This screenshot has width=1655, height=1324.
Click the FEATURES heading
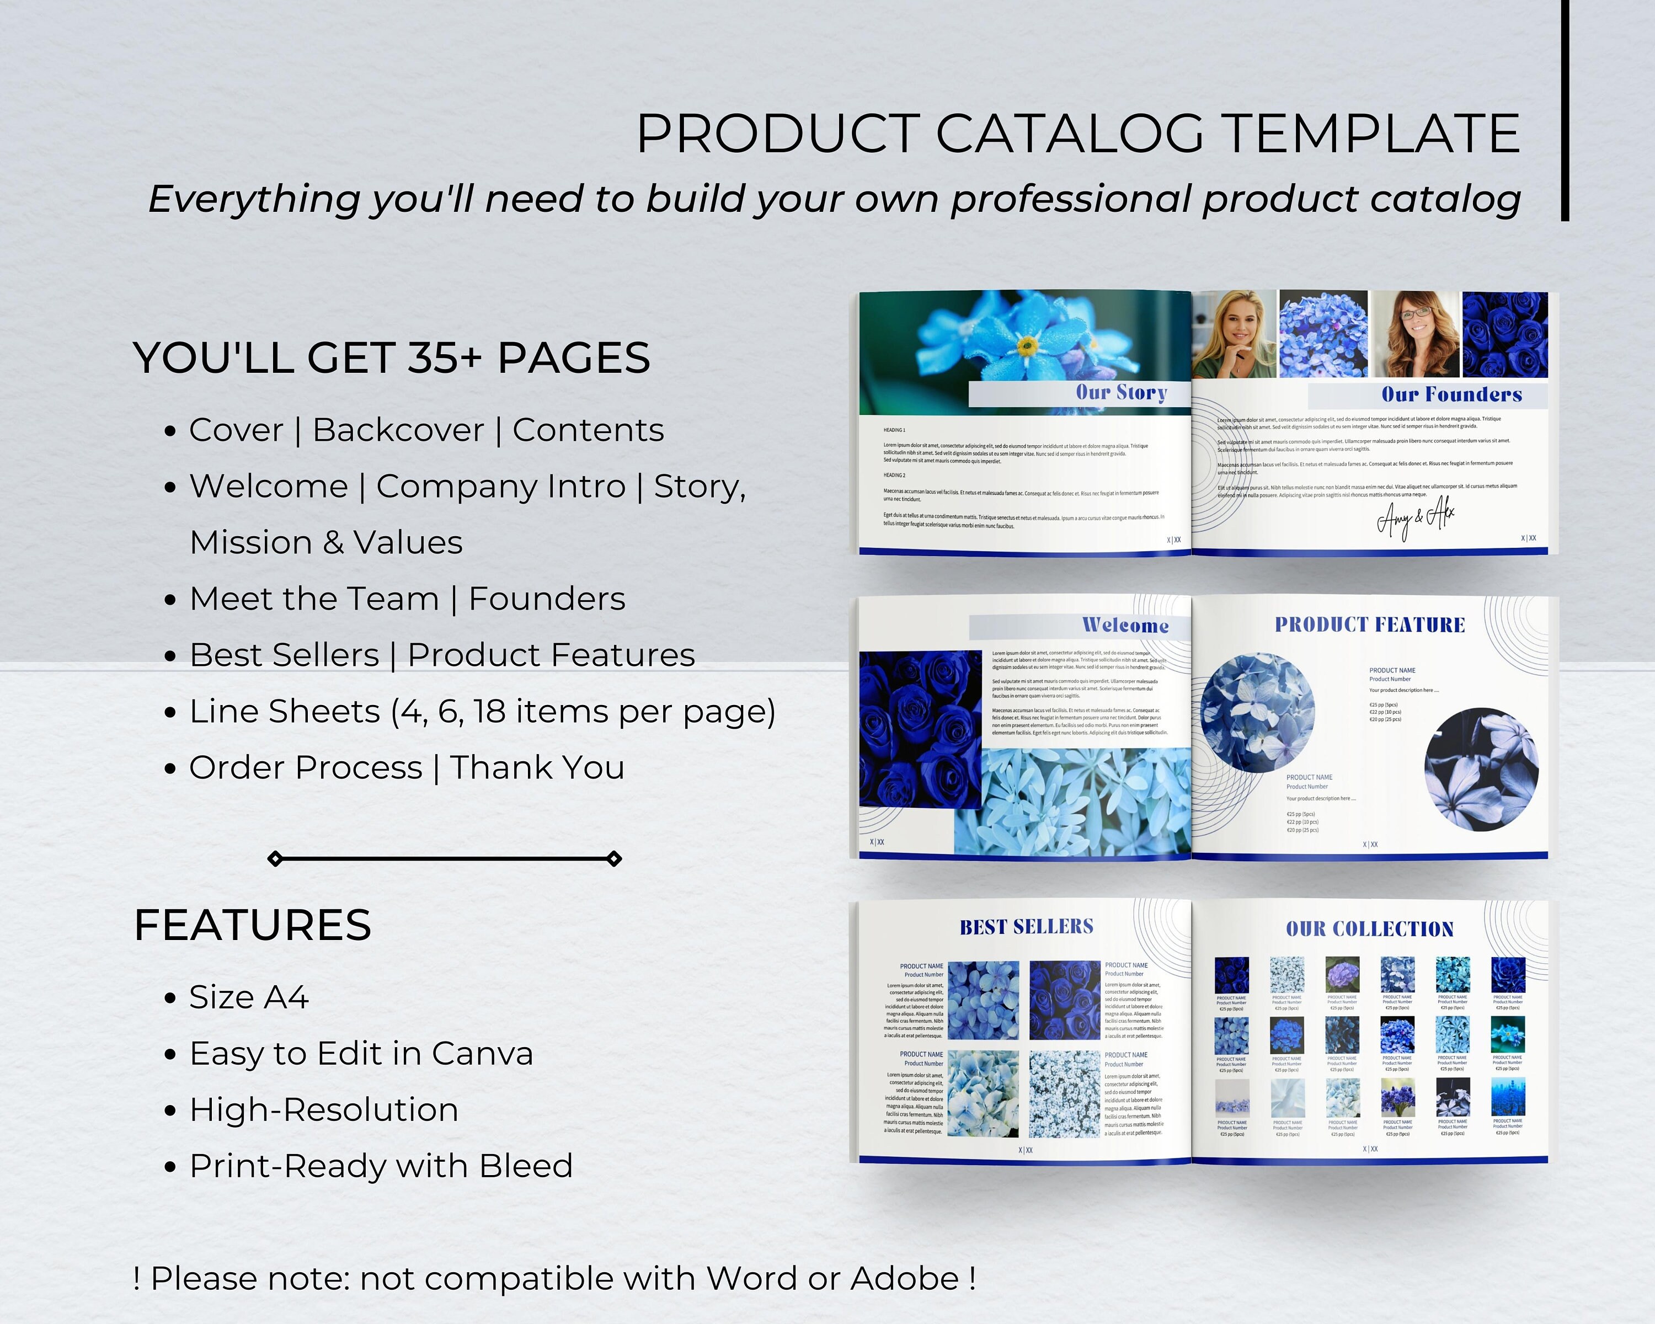click(x=253, y=925)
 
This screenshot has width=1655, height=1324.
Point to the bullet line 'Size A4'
click(x=249, y=997)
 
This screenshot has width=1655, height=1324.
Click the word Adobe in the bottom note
click(x=904, y=1278)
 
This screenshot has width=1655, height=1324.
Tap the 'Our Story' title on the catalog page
click(x=1121, y=393)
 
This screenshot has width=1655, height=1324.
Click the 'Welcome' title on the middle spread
click(x=1125, y=626)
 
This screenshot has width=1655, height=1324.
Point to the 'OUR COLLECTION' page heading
click(x=1369, y=928)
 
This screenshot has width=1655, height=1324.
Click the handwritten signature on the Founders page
click(x=1414, y=519)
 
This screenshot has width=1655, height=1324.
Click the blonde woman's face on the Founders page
click(x=1237, y=326)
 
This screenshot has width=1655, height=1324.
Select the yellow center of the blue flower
click(x=1027, y=347)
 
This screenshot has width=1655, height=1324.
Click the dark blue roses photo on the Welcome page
click(x=920, y=729)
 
